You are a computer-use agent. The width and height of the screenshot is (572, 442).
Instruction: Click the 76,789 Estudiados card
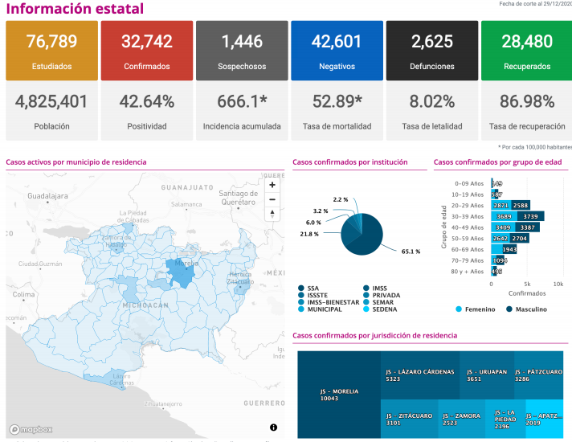[x=51, y=51]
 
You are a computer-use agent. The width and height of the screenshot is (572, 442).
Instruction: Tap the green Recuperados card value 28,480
[x=525, y=42]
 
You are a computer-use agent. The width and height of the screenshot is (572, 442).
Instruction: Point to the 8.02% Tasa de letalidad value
[x=432, y=102]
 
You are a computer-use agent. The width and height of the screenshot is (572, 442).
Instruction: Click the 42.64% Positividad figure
[x=147, y=102]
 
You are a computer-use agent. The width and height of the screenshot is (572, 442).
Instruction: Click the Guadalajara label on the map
[x=47, y=195]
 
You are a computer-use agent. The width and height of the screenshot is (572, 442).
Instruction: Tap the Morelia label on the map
[x=186, y=263]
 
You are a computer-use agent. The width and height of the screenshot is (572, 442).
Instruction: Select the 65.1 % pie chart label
[x=411, y=252]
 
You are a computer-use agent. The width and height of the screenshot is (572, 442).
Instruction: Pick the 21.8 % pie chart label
[x=308, y=234]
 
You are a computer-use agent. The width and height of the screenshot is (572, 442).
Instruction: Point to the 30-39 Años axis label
[x=467, y=216]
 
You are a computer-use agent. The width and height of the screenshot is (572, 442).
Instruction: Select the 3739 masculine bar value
[x=530, y=216]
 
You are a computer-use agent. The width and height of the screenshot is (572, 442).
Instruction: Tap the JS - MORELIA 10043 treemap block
[x=338, y=395]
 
